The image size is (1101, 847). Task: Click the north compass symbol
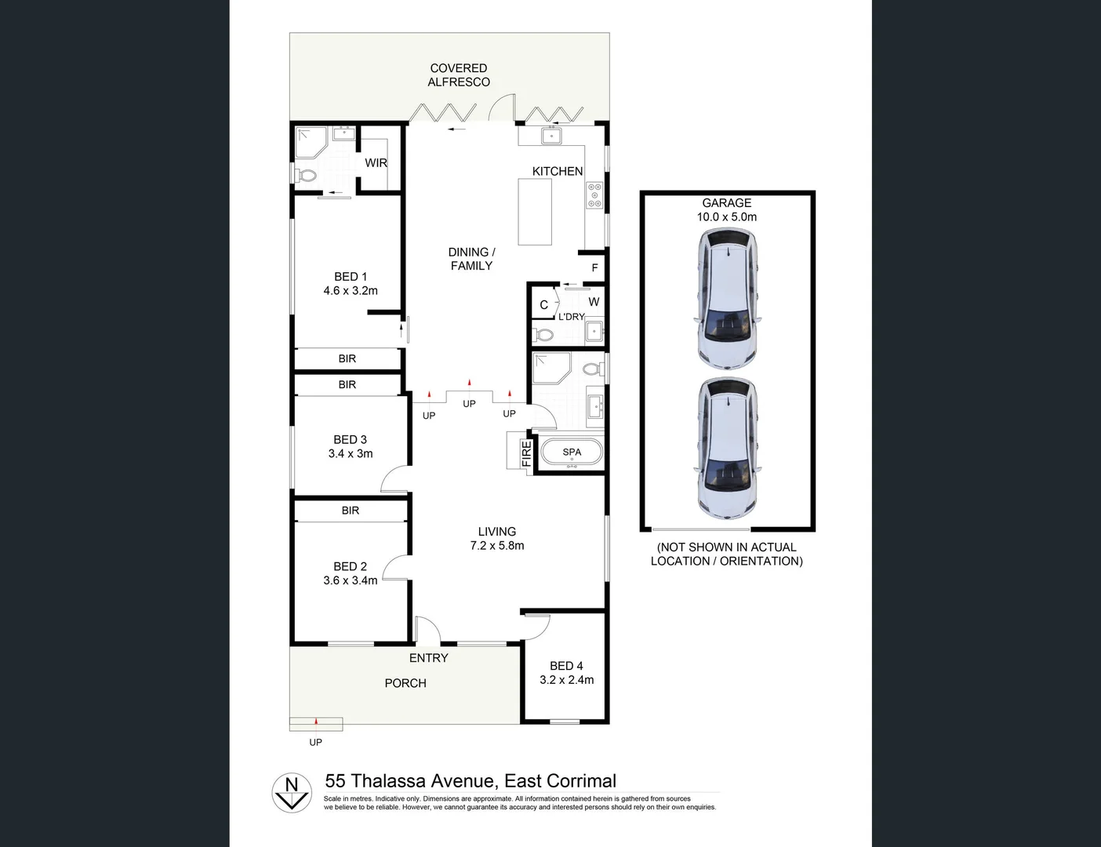292,792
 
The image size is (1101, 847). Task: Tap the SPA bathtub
572,453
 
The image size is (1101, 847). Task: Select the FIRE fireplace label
526,453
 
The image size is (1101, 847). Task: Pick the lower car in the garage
727,449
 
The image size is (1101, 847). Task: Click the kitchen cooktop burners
594,195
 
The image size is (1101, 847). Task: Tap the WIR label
376,163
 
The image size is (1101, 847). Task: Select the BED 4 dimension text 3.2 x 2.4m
566,680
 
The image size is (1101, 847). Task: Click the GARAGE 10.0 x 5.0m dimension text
727,217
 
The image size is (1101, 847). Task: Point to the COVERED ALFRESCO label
459,75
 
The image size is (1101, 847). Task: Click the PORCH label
405,683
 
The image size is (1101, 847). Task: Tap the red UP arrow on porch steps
316,720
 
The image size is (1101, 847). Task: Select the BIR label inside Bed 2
350,511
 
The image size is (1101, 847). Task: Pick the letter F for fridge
594,268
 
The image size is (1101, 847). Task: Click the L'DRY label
572,317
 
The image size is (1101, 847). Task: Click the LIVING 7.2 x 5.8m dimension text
496,546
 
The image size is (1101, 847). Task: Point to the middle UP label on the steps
469,404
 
